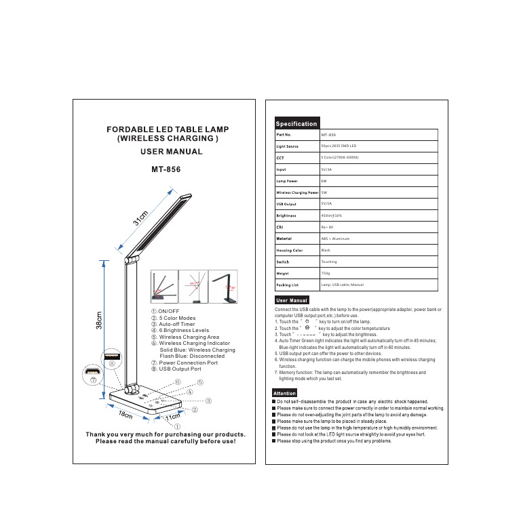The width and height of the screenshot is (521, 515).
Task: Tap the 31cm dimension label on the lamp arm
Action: [x=141, y=219]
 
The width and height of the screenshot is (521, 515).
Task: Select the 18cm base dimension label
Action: [x=126, y=414]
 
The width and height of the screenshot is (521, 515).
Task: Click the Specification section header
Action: [x=296, y=124]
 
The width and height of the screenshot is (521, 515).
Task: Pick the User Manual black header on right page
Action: [x=292, y=300]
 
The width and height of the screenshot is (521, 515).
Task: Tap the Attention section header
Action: [x=285, y=393]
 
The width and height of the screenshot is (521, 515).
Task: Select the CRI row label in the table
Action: [x=279, y=227]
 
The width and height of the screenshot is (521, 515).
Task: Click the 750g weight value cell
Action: [x=326, y=273]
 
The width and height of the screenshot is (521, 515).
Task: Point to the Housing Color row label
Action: [x=288, y=250]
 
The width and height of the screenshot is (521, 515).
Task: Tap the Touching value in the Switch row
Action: [x=329, y=262]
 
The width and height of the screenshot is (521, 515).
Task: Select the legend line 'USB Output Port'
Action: [x=180, y=369]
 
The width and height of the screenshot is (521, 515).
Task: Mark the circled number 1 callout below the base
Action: [x=177, y=427]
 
